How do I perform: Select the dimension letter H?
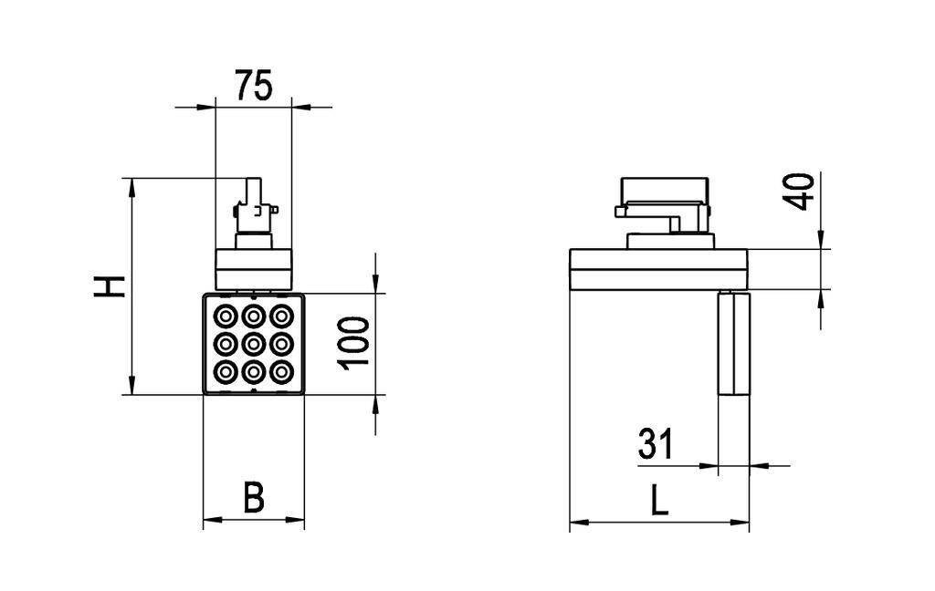tap(110, 285)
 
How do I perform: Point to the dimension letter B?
tap(253, 498)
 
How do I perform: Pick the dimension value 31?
tap(655, 444)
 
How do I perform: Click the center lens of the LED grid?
tap(253, 344)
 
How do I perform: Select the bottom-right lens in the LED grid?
tap(282, 371)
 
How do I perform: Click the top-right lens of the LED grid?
tap(282, 316)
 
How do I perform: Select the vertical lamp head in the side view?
tap(733, 344)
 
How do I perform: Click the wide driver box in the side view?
tap(659, 269)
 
